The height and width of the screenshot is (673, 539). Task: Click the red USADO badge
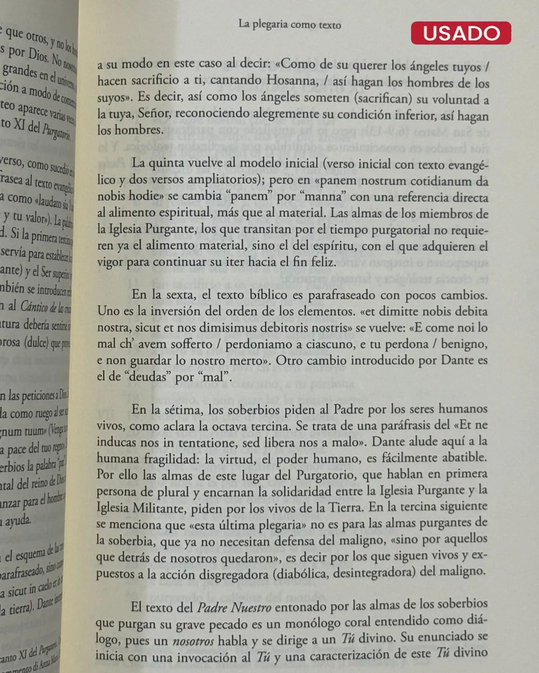tap(461, 33)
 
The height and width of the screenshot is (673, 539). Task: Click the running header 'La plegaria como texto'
tap(289, 24)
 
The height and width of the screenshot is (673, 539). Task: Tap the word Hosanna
tap(292, 81)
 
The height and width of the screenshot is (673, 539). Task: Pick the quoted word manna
tap(322, 197)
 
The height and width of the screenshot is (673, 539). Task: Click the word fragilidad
tap(171, 459)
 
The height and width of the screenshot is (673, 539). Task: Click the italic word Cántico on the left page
tap(34, 306)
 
